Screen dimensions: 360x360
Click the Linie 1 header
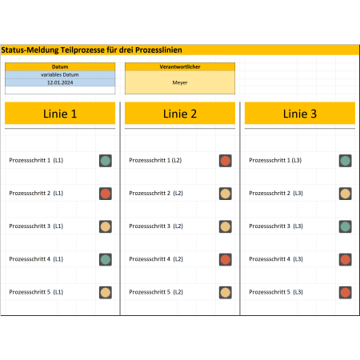coord(60,114)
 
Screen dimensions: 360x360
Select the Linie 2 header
coord(180,114)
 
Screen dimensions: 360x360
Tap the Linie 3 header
coord(300,114)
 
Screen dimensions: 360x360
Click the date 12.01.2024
coord(60,82)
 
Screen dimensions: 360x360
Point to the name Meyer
coord(180,82)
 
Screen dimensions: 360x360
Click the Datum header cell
coord(60,66)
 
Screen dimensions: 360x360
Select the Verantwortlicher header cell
coord(180,66)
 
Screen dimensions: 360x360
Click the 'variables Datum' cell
coord(60,74)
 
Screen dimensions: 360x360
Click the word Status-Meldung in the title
coord(30,50)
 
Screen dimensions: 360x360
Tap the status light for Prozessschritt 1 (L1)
coord(106,161)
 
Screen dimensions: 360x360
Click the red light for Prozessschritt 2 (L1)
coord(106,194)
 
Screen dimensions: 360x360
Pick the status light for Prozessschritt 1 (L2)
coord(226,161)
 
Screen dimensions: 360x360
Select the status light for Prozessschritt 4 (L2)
coord(226,259)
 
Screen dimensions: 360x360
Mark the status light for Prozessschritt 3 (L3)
coord(346,226)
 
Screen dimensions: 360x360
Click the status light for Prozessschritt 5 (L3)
coord(346,293)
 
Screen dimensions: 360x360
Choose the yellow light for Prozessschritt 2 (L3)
coord(346,194)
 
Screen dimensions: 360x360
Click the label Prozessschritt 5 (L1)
coord(36,292)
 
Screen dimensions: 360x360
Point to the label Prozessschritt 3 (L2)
coord(156,226)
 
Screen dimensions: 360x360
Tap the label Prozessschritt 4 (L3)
coord(276,259)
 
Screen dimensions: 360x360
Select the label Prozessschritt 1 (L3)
coord(275,160)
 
